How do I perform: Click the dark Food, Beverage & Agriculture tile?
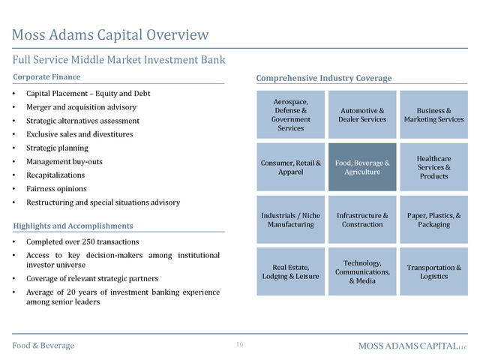[x=362, y=167]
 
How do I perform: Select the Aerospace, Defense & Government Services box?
[x=290, y=115]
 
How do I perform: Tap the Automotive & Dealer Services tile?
[x=362, y=115]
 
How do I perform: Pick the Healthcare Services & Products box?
[x=433, y=167]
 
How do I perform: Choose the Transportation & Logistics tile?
[x=433, y=271]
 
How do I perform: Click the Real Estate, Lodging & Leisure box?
[x=290, y=271]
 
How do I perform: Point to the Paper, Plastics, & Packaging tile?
[x=433, y=220]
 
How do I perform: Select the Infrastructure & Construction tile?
[x=362, y=220]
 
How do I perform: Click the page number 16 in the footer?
[x=240, y=344]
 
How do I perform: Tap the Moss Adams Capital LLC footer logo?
[x=413, y=346]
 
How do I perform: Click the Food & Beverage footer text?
[x=43, y=346]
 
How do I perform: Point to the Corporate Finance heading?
[x=46, y=76]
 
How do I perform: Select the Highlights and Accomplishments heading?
[x=73, y=226]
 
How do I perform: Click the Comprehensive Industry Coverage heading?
[x=324, y=78]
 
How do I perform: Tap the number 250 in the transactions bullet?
[x=88, y=241]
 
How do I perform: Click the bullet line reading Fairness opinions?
[x=56, y=189]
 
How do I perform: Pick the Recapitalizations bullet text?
[x=55, y=175]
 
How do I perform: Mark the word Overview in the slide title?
[x=178, y=34]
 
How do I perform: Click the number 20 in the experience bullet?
[x=71, y=292]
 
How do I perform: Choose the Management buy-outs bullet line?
[x=64, y=162]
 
